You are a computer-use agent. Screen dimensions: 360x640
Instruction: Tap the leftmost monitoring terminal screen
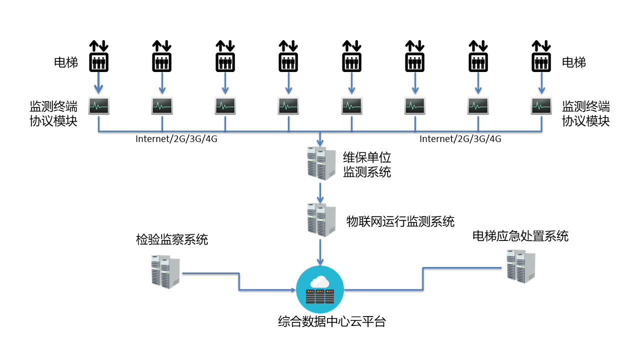[x=99, y=106]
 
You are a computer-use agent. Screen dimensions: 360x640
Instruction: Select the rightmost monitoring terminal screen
[x=541, y=106]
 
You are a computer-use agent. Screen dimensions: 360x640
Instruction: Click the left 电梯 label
[x=66, y=62]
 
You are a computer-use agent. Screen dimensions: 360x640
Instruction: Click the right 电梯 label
[x=574, y=62]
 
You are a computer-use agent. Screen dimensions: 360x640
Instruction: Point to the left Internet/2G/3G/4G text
[x=176, y=139]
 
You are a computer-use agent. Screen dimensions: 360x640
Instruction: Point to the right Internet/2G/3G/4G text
[x=460, y=139]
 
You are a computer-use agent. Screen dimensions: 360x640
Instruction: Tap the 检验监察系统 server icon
[x=165, y=271]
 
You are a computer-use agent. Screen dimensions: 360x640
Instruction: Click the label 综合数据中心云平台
[x=332, y=321]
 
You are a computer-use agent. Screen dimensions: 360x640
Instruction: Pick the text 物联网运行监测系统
[x=400, y=221]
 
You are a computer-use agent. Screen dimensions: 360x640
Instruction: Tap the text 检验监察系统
[x=172, y=239]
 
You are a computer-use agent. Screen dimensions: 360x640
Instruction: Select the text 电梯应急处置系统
[x=520, y=236]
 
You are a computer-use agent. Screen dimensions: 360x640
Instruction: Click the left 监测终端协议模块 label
[x=54, y=113]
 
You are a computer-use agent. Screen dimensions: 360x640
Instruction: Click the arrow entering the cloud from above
[x=320, y=252]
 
